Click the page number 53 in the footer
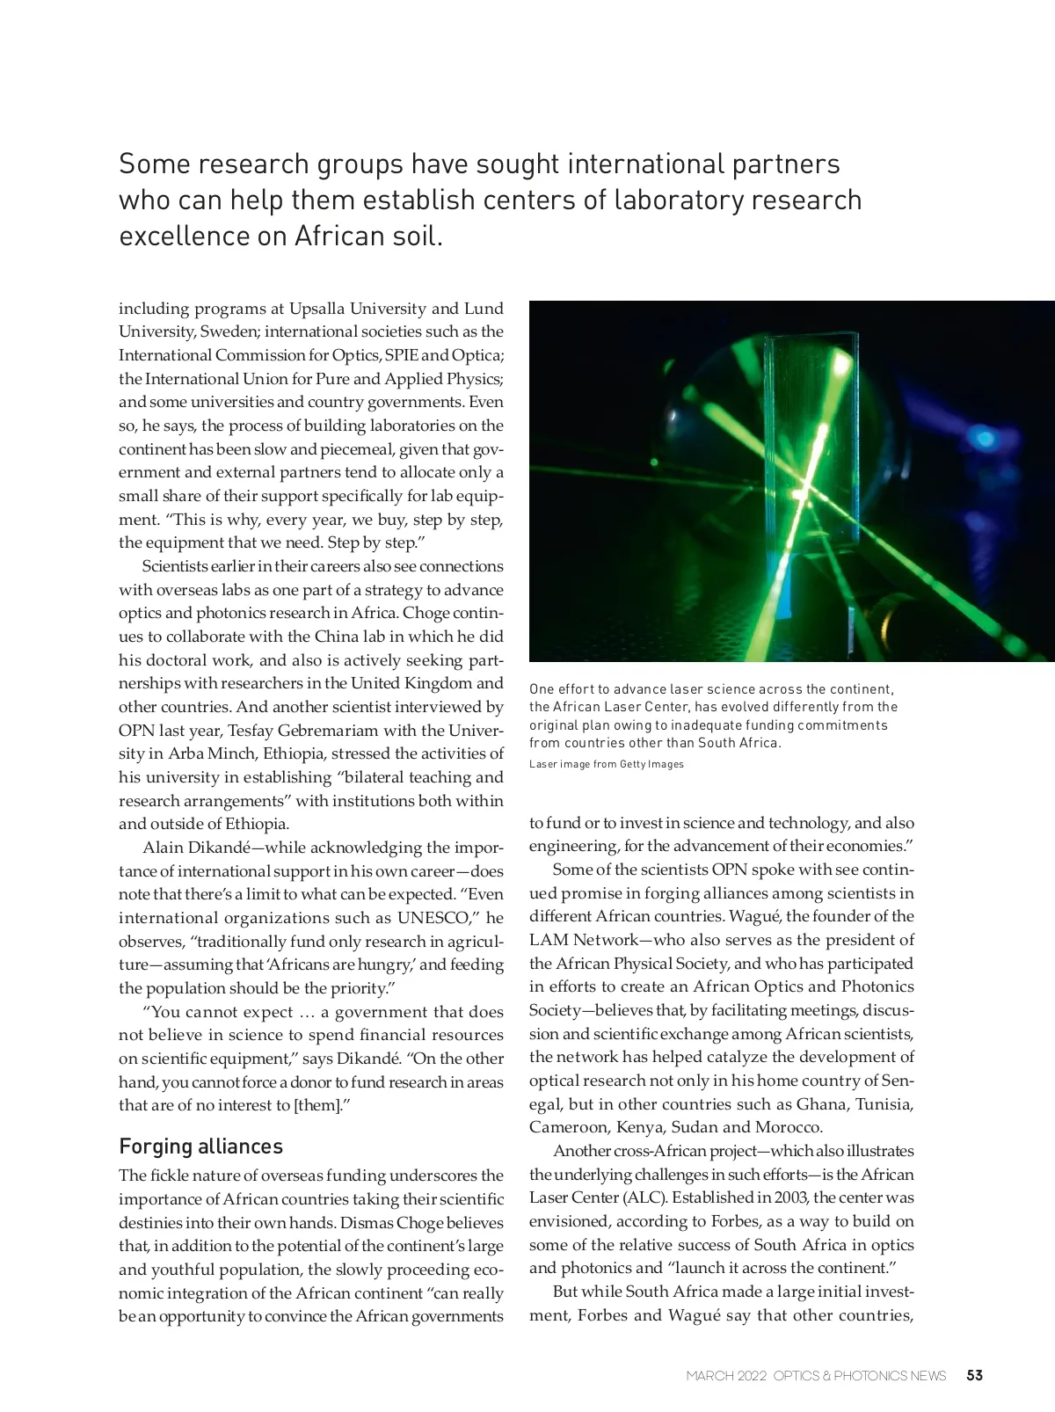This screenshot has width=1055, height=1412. tap(974, 1375)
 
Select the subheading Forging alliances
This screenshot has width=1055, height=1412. tap(200, 1146)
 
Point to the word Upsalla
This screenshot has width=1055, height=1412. tap(317, 309)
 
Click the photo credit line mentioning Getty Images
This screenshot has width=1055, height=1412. tap(606, 764)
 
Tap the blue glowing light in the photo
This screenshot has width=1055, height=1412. tap(985, 438)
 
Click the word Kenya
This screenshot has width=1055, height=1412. tap(639, 1127)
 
